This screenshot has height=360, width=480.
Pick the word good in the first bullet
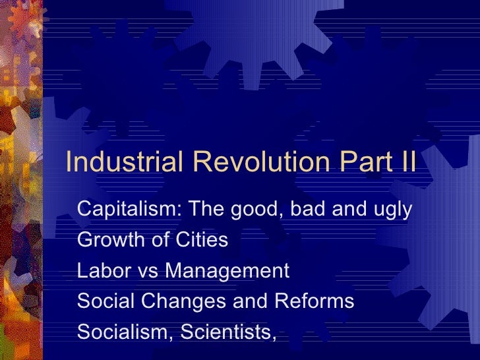pos(245,210)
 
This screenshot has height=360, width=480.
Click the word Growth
pos(107,240)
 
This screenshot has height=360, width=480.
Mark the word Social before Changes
pos(102,301)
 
